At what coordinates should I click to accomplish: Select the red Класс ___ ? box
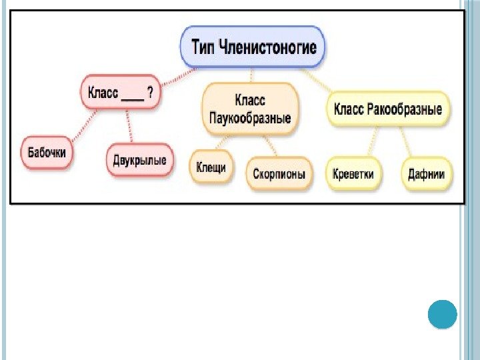(121, 94)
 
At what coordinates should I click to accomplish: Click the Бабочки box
(47, 153)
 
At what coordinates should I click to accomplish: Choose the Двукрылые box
(140, 160)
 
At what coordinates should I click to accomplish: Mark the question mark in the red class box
(151, 94)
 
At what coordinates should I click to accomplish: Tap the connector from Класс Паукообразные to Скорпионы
(269, 145)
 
